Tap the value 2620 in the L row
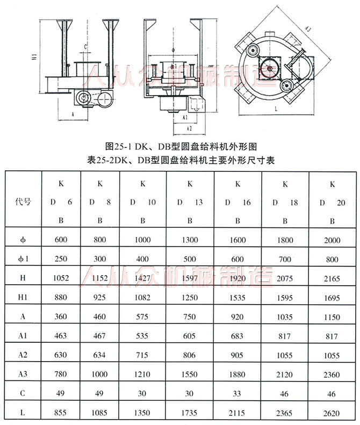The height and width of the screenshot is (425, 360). [332, 412]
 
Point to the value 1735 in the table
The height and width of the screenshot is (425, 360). [190, 412]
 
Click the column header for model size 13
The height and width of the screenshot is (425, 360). [190, 202]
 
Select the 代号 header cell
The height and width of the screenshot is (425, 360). [23, 202]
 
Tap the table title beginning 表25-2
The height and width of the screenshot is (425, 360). [180, 160]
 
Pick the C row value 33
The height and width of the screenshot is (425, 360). [237, 393]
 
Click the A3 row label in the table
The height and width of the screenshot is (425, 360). [23, 374]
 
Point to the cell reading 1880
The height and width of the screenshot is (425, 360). [237, 374]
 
